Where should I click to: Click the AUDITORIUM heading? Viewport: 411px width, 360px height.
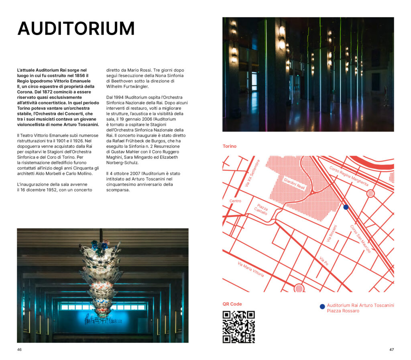[x=76, y=29]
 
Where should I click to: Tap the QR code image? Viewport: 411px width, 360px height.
[x=238, y=327]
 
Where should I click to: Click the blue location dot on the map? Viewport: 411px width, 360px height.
[x=346, y=207]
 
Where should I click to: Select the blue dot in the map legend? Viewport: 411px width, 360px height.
[x=322, y=307]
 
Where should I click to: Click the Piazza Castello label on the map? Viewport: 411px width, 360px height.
[x=261, y=209]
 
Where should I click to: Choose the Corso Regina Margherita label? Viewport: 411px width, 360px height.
[x=348, y=176]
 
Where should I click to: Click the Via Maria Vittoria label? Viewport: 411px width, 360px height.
[x=251, y=269]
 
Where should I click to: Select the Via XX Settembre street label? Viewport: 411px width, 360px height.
[x=252, y=173]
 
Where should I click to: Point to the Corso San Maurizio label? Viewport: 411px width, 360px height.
[x=360, y=239]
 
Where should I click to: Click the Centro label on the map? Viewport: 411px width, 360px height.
[x=235, y=201]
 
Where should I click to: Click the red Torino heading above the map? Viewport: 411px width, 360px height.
[x=230, y=146]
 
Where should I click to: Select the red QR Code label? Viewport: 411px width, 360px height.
[x=232, y=304]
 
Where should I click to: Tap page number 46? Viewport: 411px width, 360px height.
[x=19, y=350]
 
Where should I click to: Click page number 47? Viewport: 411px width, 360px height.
[x=391, y=350]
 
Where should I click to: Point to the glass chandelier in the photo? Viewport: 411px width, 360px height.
[x=100, y=277]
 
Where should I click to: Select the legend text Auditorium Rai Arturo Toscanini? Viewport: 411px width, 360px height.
[x=360, y=305]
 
